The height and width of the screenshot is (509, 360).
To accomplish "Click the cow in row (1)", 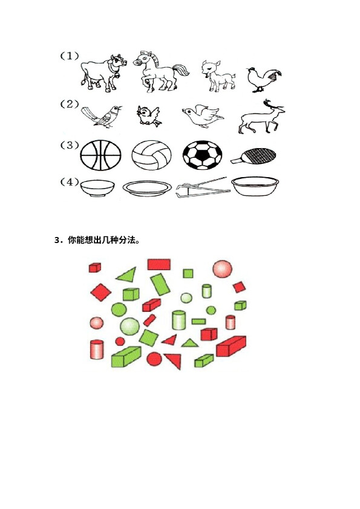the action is (x=103, y=73).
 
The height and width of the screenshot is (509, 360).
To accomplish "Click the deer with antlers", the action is (x=261, y=118).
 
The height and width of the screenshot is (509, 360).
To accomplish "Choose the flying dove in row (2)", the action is (x=202, y=116).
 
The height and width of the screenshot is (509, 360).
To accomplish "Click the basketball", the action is (x=100, y=155).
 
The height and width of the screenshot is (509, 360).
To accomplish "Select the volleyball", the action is (x=151, y=155).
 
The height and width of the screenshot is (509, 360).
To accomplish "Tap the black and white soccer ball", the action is (x=203, y=155).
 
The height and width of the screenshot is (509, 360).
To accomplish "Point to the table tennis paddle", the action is (x=254, y=155).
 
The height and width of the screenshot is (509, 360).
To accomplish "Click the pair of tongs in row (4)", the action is (x=203, y=188).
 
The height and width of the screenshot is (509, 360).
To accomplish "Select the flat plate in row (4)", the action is (x=147, y=188).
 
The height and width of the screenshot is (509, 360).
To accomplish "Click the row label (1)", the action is (x=69, y=56).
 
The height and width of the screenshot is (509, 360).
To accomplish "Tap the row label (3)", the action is (x=69, y=145).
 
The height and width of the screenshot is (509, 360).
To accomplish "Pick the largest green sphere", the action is (x=130, y=326).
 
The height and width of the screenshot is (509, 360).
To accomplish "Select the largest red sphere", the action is (x=223, y=269).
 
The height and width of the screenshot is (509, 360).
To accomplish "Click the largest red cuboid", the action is (x=231, y=346).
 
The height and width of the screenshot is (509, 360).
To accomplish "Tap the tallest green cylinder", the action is (x=178, y=320).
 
